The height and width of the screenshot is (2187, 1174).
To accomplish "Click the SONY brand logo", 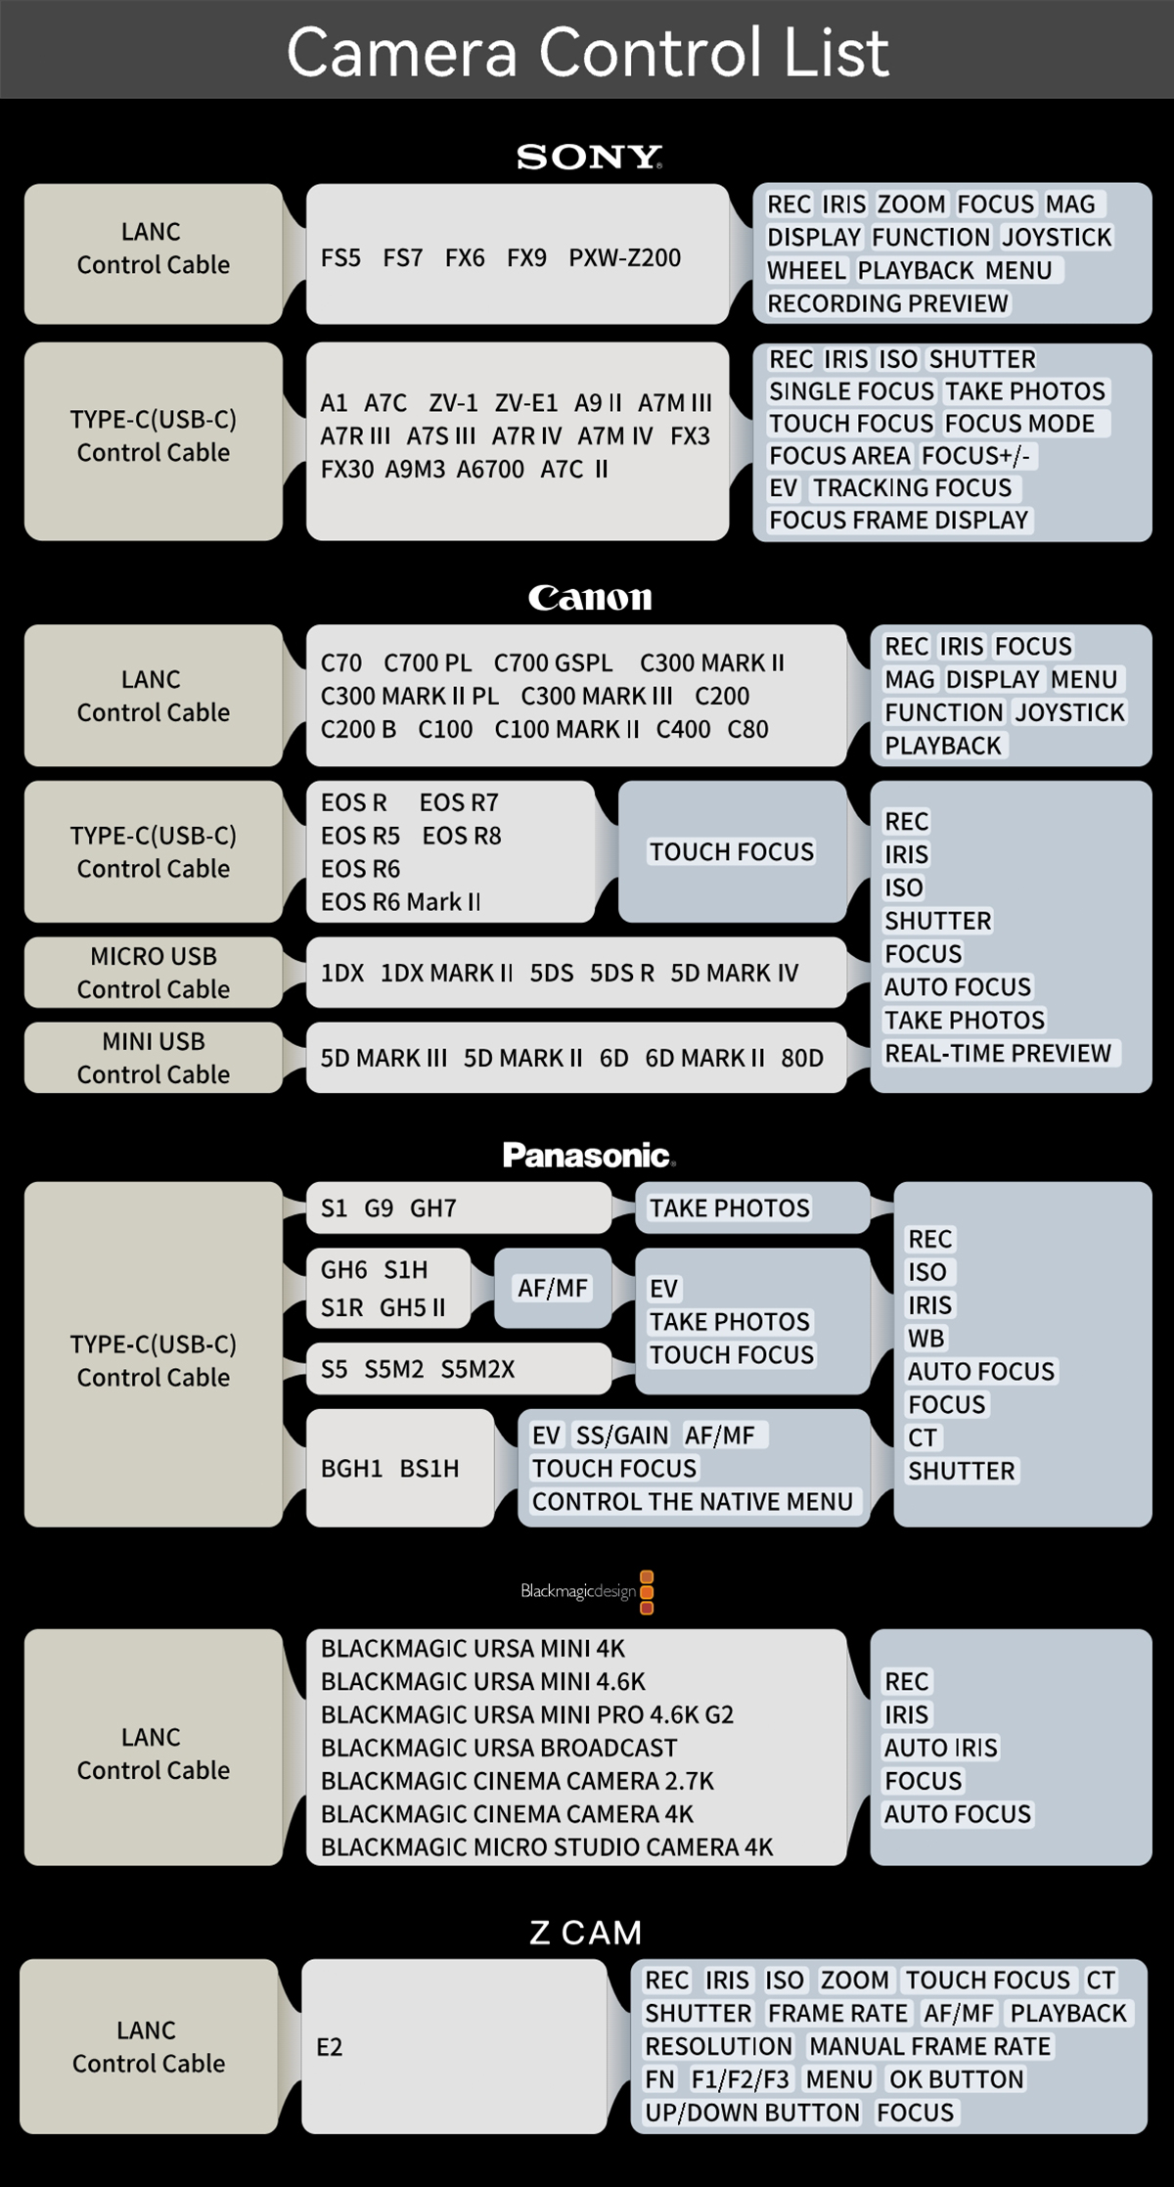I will click(x=588, y=157).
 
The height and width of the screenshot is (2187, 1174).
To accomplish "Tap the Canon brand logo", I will click(x=589, y=597).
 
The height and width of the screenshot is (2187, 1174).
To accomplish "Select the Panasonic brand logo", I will click(x=588, y=1156).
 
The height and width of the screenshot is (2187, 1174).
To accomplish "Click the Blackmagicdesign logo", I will click(x=587, y=1591).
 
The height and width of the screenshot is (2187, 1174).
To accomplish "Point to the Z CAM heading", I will click(x=586, y=1933).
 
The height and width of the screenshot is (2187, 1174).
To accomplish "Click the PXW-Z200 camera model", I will click(x=624, y=258).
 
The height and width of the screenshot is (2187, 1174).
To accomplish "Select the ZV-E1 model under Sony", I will click(x=525, y=403).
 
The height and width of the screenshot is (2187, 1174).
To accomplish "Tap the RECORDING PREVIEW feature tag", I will click(x=887, y=303).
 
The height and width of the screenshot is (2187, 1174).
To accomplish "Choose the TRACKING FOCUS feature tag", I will click(x=912, y=487).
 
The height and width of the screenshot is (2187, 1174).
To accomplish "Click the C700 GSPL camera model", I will click(x=553, y=663).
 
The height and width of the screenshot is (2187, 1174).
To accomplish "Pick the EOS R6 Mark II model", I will click(x=400, y=901).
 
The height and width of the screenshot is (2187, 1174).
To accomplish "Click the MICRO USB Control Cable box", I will click(x=154, y=973).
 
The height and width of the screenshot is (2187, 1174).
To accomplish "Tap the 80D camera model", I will click(x=801, y=1058).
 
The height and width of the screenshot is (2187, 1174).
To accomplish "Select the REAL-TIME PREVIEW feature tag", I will click(x=997, y=1053).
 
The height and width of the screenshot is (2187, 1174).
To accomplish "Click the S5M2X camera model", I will click(x=477, y=1369).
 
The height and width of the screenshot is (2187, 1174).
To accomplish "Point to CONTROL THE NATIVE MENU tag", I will click(x=692, y=1501).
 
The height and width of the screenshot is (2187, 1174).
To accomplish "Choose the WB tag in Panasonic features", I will click(x=926, y=1338).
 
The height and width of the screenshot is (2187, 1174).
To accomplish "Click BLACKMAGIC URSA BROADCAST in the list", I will click(x=499, y=1748).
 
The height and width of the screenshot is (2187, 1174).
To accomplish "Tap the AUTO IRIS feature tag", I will click(x=940, y=1748).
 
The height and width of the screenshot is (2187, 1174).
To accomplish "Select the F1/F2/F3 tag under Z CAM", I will click(x=740, y=2079).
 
